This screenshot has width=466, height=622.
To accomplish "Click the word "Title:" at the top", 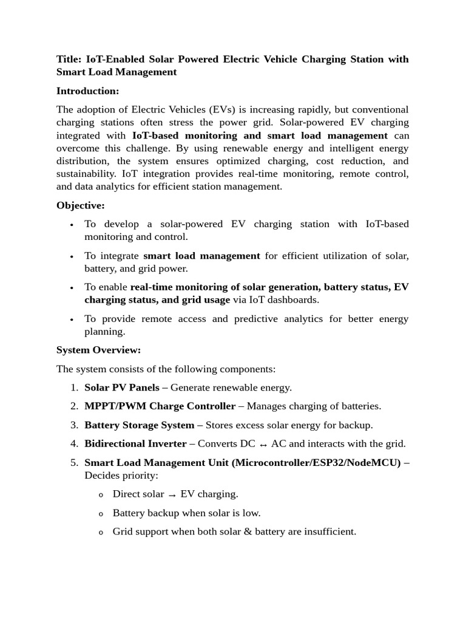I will [x=69, y=59].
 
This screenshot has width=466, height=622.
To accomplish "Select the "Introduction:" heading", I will [x=87, y=91].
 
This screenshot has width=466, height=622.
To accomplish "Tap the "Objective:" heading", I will [x=81, y=205].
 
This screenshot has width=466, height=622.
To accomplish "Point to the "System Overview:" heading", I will [x=98, y=350].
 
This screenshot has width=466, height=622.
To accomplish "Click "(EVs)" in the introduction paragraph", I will [x=221, y=109].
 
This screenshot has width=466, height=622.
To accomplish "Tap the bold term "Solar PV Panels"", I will [x=122, y=387].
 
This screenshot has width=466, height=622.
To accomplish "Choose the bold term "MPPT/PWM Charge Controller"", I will [x=160, y=406].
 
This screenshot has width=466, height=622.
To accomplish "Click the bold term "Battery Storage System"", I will [x=139, y=425].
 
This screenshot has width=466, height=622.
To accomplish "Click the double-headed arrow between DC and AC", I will [x=263, y=445].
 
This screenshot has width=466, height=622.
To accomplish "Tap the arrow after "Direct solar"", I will [x=172, y=495].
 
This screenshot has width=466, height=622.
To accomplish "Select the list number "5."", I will [x=74, y=462].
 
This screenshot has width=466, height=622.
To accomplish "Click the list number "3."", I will [x=74, y=425].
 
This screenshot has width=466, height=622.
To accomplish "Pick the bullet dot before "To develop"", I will [x=72, y=225].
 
